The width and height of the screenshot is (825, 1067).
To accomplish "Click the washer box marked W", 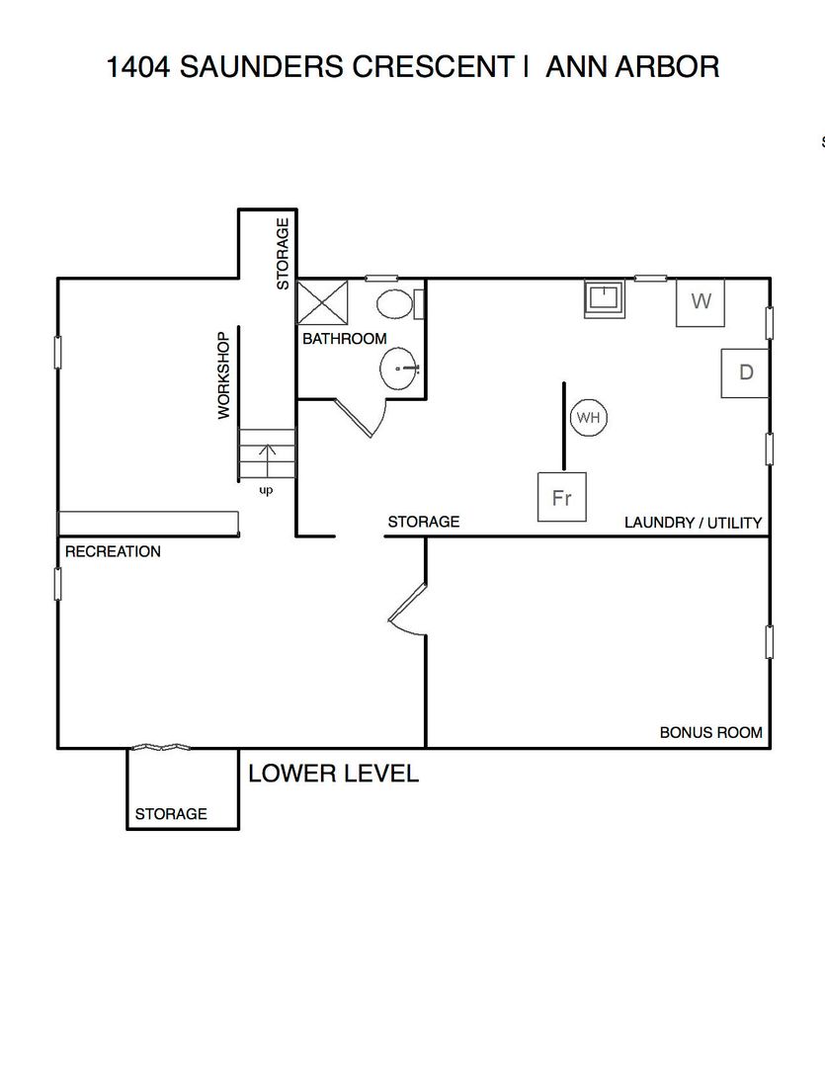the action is (701, 302).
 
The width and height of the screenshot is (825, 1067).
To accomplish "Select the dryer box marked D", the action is (745, 372).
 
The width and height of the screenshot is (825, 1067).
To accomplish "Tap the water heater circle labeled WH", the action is (588, 417).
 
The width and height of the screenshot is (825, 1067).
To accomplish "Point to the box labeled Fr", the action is (561, 497).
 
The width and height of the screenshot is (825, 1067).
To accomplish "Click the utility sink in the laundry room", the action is (605, 298).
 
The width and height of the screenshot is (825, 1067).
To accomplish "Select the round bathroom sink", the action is (399, 369).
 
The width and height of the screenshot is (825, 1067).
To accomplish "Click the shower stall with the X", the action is (323, 302).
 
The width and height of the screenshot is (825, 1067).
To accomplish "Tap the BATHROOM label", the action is (345, 339).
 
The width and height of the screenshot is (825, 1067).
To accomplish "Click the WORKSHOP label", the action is (224, 375).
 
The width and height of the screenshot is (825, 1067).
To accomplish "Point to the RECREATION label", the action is (113, 551).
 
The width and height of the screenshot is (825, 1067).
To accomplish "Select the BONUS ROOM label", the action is (710, 733).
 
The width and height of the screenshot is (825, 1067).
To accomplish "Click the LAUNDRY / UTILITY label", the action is (693, 523).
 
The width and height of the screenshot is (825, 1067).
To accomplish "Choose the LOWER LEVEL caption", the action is (334, 774).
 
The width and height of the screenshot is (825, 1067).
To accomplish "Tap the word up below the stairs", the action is (266, 490).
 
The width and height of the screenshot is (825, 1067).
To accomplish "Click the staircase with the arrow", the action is (267, 454).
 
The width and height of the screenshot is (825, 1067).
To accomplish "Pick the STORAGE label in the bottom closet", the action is (171, 814).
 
